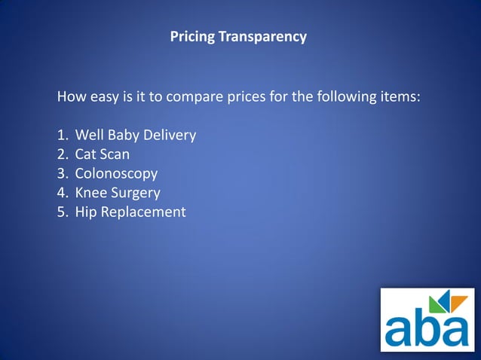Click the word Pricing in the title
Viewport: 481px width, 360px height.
pyautogui.click(x=192, y=36)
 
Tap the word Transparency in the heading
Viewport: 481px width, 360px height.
pyautogui.click(x=262, y=36)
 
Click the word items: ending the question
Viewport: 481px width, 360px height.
pyautogui.click(x=400, y=97)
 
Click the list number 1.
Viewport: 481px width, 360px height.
pyautogui.click(x=62, y=136)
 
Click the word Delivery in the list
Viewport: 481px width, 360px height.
pyautogui.click(x=171, y=136)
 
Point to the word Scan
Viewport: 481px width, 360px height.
pyautogui.click(x=115, y=154)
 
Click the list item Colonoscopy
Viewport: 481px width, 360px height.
pyautogui.click(x=116, y=174)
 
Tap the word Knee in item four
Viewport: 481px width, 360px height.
pyautogui.click(x=90, y=193)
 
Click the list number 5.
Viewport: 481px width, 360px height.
pyautogui.click(x=62, y=212)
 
